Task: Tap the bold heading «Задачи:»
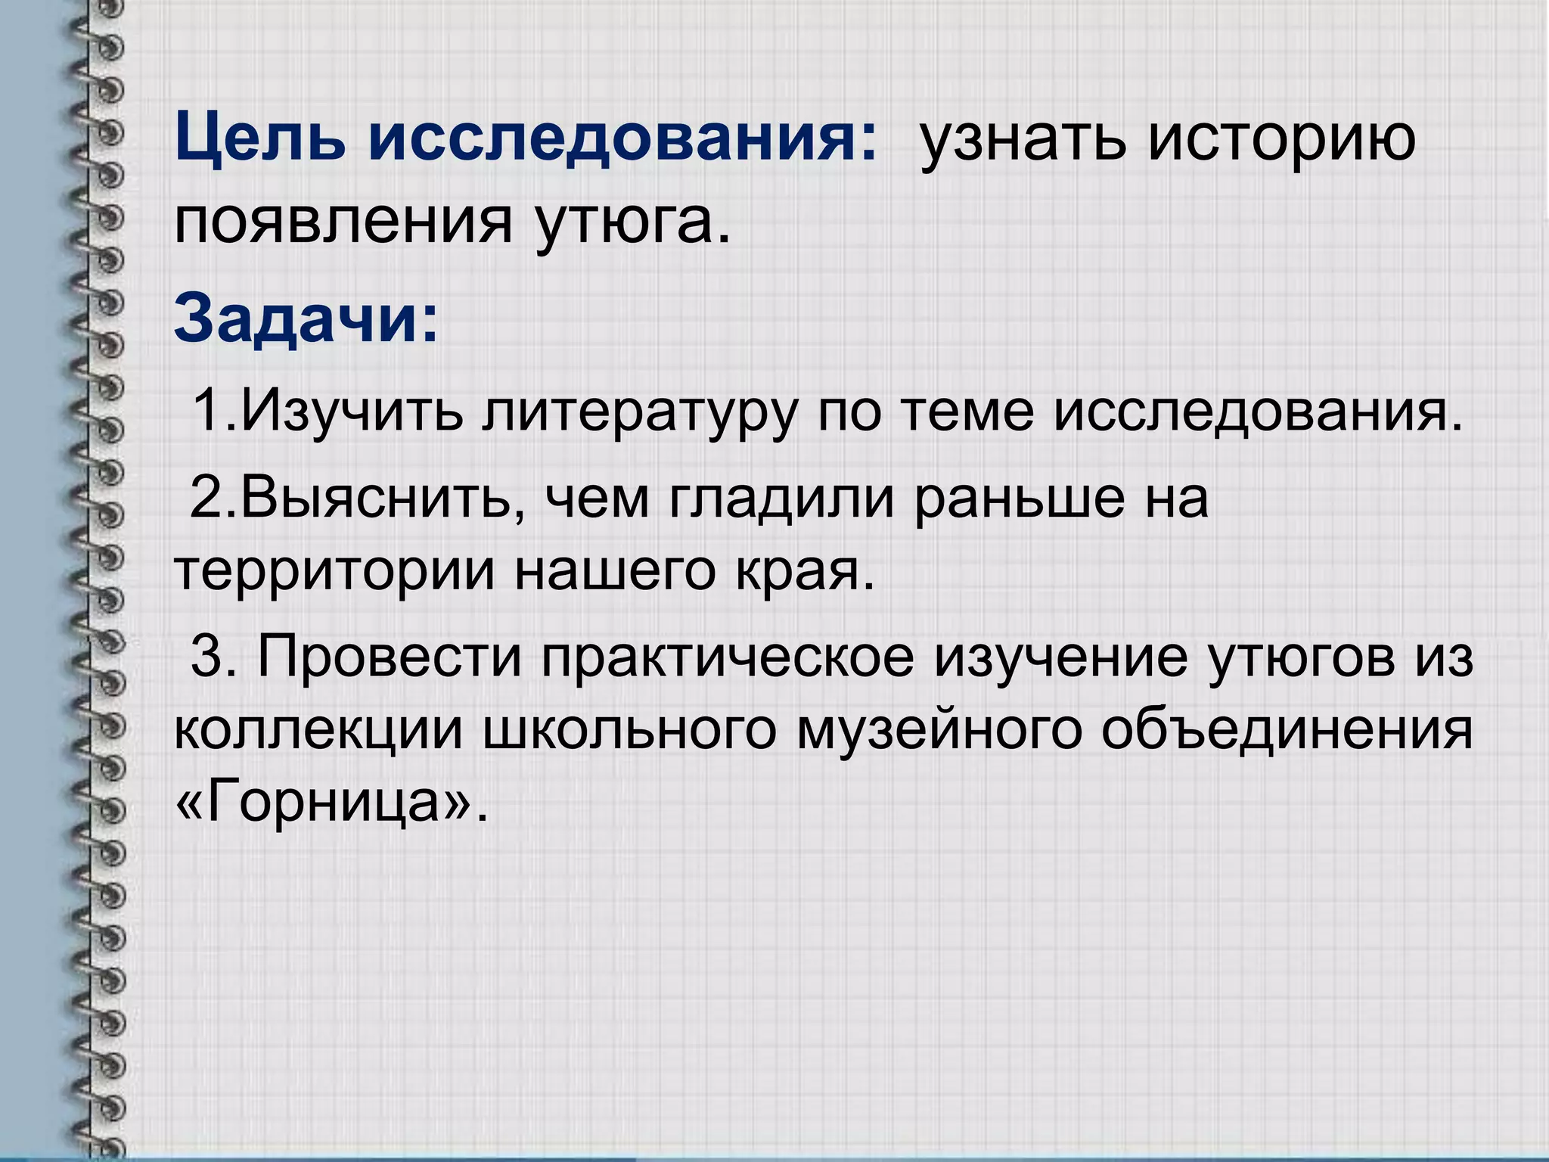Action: (x=306, y=318)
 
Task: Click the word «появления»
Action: (x=343, y=224)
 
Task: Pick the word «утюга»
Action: (x=632, y=224)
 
